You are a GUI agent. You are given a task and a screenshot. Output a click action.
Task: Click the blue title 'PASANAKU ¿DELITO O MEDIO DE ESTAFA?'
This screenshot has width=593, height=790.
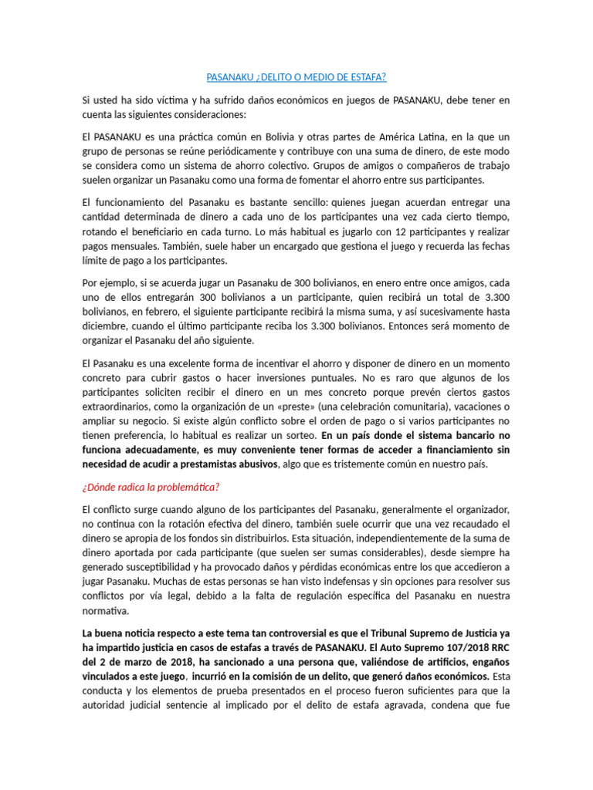296,77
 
